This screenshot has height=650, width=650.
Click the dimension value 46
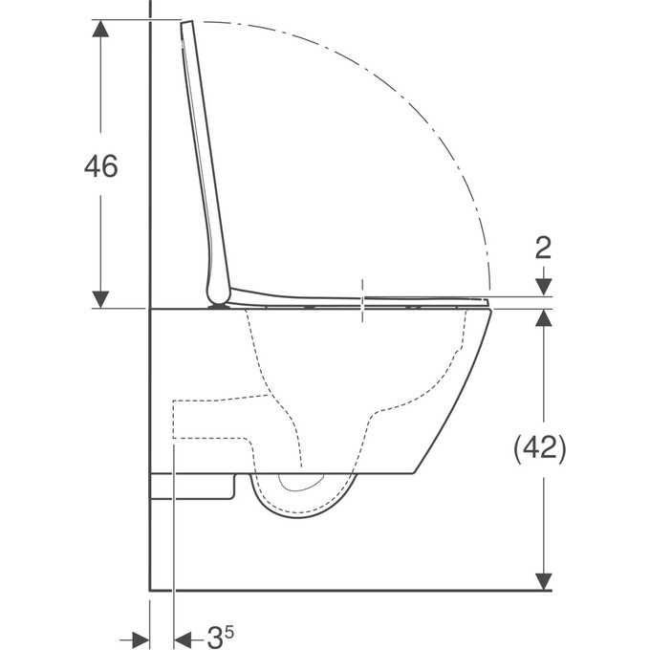coord(100,166)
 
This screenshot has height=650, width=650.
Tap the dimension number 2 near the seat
coord(543,249)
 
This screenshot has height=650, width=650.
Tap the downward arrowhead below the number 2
coord(543,286)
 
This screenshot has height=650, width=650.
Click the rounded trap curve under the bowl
coord(306,511)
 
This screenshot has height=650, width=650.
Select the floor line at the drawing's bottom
coord(344,590)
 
